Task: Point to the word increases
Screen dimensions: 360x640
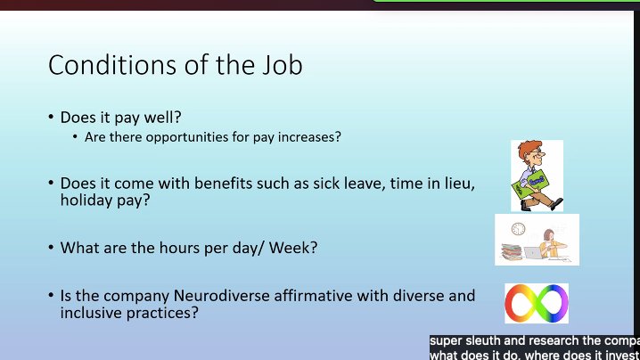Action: [x=314, y=137]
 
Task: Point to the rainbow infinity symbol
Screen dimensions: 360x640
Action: [x=536, y=303]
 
